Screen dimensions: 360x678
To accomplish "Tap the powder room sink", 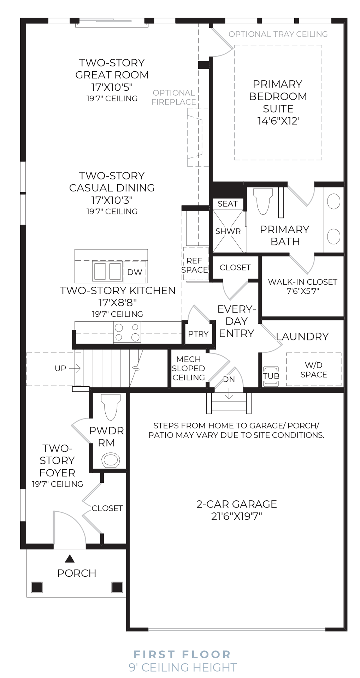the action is [111, 460].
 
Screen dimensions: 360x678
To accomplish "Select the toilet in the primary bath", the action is [264, 201].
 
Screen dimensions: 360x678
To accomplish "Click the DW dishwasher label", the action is [135, 272].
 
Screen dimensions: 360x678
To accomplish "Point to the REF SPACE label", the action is [194, 265].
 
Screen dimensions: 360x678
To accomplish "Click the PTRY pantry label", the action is [198, 334].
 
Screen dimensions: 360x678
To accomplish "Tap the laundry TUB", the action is [271, 376].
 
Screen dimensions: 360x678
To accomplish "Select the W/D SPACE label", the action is [314, 370].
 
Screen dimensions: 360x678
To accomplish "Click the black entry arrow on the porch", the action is [70, 558].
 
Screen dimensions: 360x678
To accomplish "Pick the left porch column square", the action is [37, 587].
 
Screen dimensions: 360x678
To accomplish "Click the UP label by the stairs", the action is [60, 368].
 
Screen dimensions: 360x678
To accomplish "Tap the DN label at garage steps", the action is [229, 380].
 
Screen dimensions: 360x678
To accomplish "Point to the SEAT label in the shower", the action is [228, 204].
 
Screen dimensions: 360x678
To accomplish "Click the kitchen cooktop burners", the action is [127, 332].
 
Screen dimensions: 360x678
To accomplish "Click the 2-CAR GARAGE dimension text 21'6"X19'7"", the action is [237, 516].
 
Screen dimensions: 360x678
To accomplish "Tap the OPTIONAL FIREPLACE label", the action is [174, 97].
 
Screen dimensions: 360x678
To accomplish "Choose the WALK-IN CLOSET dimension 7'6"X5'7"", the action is [303, 291].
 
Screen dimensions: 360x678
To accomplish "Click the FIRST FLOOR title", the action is [182, 654].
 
